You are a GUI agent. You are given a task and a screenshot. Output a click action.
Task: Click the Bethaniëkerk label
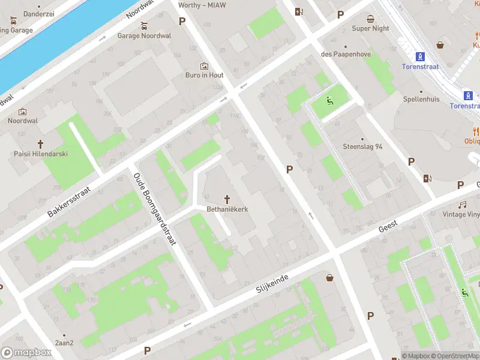tap(227, 209)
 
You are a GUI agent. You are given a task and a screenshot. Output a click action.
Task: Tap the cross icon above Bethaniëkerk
tap(227, 199)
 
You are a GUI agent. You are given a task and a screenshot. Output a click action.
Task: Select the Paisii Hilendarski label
tap(41, 154)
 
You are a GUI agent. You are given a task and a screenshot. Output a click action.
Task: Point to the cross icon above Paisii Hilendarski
tap(41, 144)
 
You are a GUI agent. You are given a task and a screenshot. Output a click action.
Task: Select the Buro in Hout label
tap(204, 76)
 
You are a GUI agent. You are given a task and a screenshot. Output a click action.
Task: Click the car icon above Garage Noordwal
tap(144, 26)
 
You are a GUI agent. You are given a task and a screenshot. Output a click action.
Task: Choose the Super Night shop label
tap(370, 28)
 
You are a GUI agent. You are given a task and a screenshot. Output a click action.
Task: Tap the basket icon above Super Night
tap(370, 18)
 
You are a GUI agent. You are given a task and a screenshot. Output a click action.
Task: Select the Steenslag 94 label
tap(362, 146)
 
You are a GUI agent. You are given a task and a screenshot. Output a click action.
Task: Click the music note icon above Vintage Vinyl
tap(463, 205)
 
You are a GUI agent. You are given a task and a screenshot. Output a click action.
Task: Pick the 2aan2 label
tap(64, 343)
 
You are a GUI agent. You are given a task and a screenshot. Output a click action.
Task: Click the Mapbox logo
tap(26, 353)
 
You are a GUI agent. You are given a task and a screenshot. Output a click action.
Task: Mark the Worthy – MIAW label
tap(202, 5)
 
